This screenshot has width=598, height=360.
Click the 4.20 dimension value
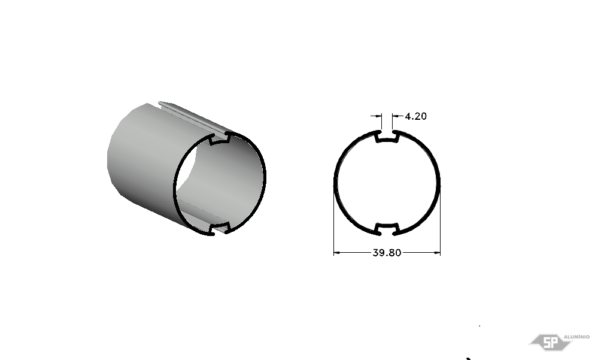(x=415, y=116)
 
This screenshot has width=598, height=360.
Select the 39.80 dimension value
(x=387, y=253)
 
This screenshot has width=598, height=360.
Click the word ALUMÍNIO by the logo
(x=576, y=337)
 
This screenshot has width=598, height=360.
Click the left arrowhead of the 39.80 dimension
(x=337, y=252)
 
